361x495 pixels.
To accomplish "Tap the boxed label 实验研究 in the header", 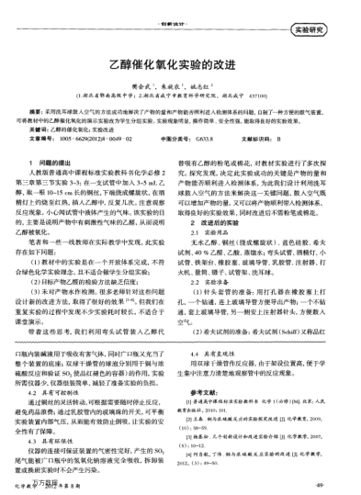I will click(332, 28).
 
